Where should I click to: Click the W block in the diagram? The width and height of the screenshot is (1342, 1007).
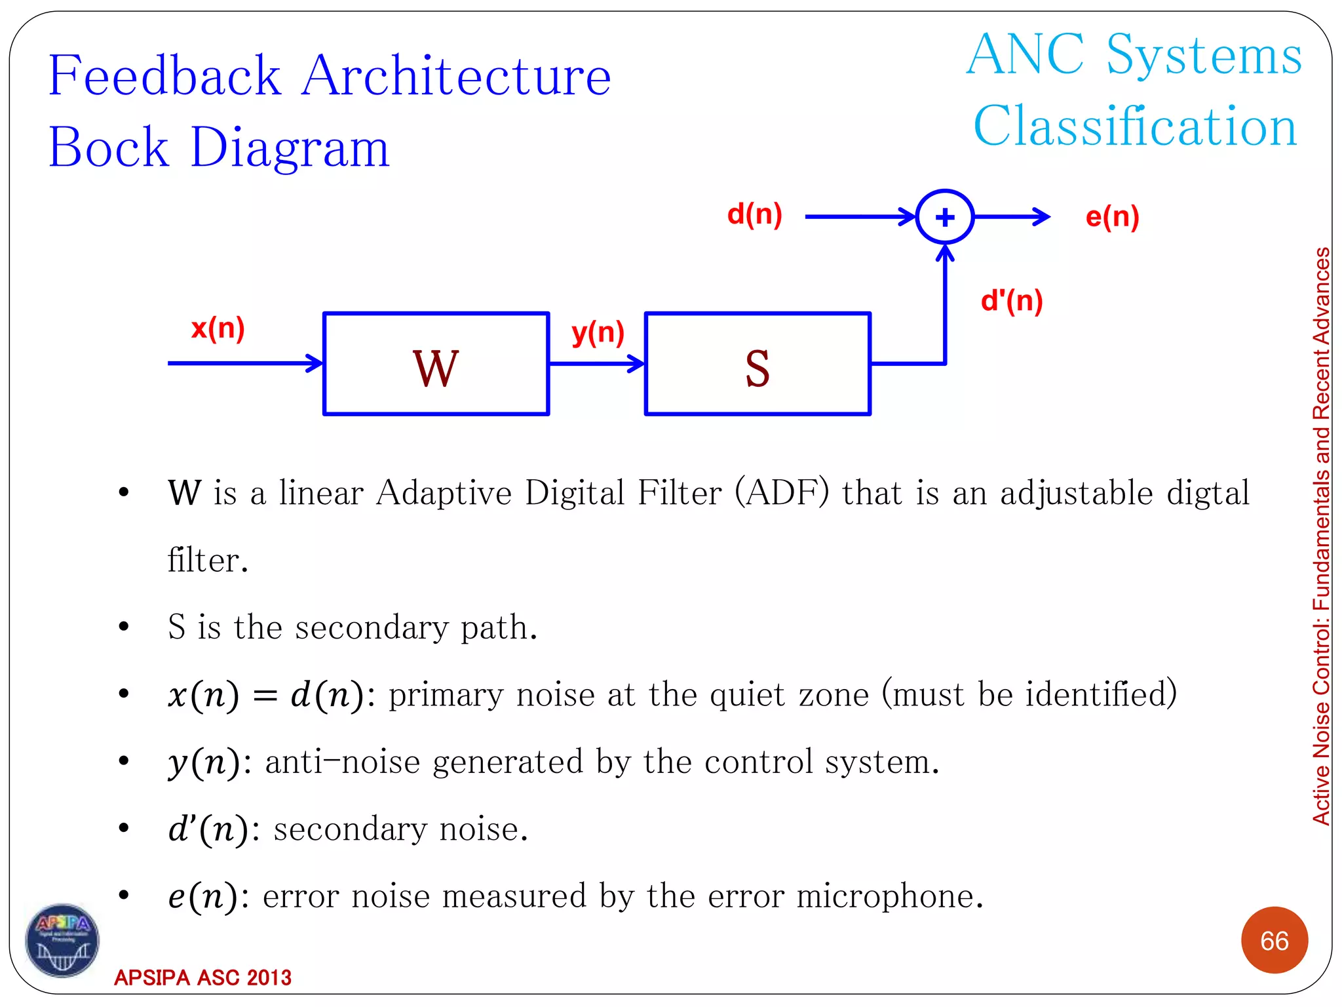436,365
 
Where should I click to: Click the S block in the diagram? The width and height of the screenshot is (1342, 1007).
757,365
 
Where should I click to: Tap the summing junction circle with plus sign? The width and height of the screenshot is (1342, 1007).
944,217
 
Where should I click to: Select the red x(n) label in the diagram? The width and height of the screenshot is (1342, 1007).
218,328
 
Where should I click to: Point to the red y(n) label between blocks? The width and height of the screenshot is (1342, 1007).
598,332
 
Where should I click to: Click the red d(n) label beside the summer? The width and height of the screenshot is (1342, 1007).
754,214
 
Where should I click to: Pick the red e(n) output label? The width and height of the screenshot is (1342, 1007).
1112,217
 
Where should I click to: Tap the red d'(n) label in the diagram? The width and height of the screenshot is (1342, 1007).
1011,301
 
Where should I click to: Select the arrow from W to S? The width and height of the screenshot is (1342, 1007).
596,363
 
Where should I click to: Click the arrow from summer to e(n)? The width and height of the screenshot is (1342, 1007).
1012,216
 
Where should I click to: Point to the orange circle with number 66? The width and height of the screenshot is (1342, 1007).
1274,941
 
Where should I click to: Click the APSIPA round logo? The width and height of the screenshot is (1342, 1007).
62,940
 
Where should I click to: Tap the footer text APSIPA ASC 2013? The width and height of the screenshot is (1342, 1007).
202,977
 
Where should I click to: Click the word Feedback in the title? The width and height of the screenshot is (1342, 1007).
165,76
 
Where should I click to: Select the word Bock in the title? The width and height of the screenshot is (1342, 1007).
109,148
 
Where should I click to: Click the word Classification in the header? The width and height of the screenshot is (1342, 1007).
1135,127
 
